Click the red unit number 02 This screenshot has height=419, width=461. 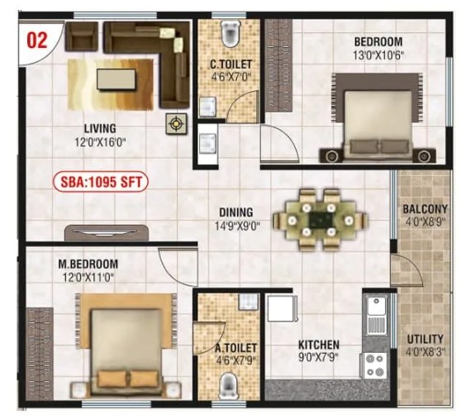click(37, 40)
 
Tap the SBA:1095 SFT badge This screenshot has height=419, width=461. click(101, 182)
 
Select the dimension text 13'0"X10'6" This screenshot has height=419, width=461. click(379, 55)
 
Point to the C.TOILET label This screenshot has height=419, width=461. click(230, 64)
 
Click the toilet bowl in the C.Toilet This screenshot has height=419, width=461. click(231, 33)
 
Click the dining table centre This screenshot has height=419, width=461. click(321, 219)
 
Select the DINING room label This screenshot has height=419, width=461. click(236, 212)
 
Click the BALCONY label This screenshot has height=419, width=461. click(425, 209)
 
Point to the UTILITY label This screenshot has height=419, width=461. click(425, 339)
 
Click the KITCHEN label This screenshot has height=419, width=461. click(319, 345)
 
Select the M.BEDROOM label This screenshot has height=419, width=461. click(88, 264)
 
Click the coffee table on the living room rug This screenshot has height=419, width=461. click(116, 79)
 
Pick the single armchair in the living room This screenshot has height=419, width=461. click(82, 36)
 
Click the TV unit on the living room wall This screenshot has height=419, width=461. click(106, 232)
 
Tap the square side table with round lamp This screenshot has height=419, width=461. click(176, 124)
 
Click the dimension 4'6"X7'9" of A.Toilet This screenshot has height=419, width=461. click(235, 359)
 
